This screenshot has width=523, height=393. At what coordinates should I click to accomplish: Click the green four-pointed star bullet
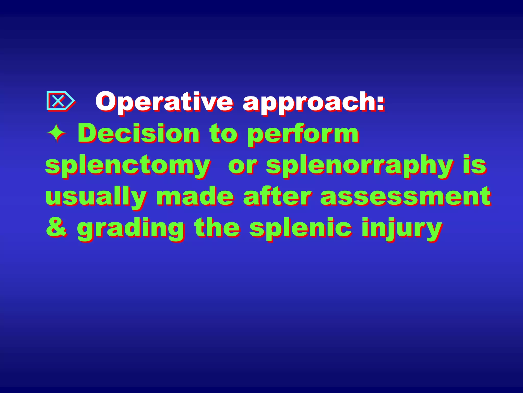(56, 133)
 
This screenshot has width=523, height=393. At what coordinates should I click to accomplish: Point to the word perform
(303, 134)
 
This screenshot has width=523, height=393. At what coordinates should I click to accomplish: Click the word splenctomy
(128, 166)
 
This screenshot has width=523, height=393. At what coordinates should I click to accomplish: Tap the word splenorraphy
(360, 166)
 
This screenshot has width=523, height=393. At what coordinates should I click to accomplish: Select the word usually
(96, 197)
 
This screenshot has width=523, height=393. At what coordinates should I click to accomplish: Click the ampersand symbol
(57, 227)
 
